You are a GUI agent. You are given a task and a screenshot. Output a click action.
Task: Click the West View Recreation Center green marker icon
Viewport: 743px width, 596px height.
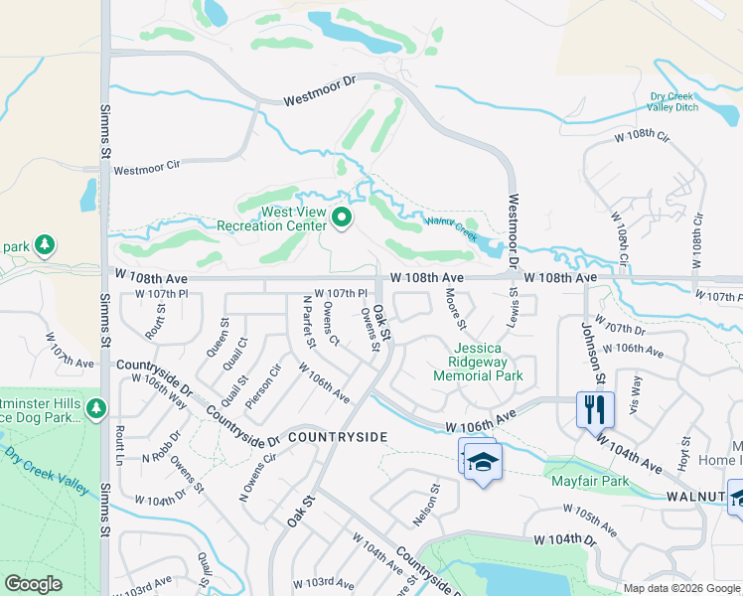tap(343, 217)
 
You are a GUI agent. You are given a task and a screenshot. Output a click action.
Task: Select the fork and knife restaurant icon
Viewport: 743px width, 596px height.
tap(595, 408)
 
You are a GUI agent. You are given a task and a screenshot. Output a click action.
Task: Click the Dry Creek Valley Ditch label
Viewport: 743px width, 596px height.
tap(674, 101)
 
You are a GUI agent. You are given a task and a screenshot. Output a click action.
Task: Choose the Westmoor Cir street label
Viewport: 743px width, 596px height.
tap(150, 170)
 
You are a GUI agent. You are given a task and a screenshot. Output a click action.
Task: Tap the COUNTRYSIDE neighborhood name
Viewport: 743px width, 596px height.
tap(336, 437)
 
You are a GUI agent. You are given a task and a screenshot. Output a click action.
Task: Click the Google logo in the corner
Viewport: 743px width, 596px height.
tap(33, 584)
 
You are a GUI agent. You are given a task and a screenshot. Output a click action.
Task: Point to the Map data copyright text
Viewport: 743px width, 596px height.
tap(681, 588)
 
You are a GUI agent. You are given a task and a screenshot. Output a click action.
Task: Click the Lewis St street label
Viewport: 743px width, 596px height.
tap(515, 301)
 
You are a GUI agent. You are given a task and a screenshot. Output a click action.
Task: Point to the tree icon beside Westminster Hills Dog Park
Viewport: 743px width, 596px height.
tap(96, 408)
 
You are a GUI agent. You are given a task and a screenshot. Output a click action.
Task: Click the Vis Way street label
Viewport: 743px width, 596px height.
tap(637, 385)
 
